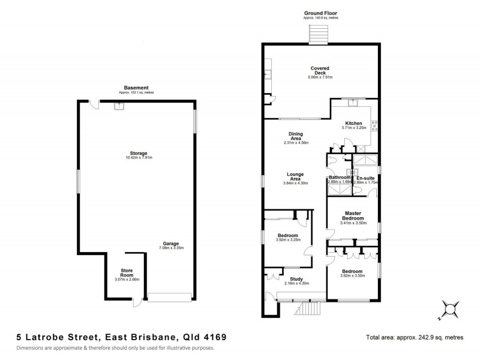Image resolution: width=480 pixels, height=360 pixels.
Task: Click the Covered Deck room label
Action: click(320, 71)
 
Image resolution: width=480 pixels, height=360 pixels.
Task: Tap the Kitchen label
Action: click(354, 123)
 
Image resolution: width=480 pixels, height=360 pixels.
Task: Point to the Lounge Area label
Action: click(295, 176)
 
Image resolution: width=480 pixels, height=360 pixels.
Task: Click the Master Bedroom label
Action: click(352, 215)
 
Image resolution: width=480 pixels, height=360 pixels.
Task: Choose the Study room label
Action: click(296, 278)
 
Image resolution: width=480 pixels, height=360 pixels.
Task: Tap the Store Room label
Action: click(127, 272)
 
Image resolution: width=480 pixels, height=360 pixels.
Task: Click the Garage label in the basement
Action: click(171, 243)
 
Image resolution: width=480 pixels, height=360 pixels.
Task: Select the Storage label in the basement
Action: click(139, 153)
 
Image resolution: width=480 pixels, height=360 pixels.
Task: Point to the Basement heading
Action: click(136, 88)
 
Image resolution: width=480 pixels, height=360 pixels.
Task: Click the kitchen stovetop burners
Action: click(374, 126)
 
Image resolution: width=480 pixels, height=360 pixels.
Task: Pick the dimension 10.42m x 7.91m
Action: click(139, 158)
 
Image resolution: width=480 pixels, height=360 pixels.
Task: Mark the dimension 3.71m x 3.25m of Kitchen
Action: click(354, 128)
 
